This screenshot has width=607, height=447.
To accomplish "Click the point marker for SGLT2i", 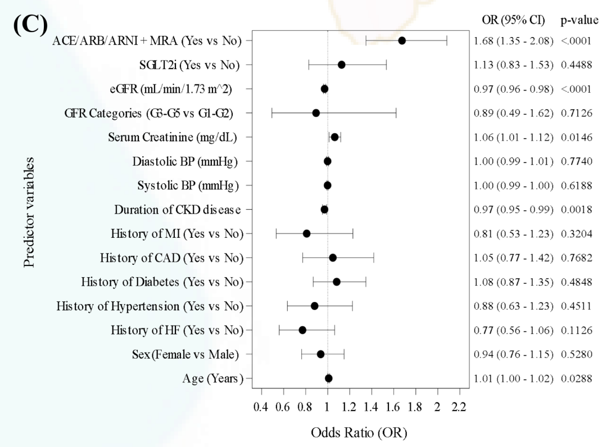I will (341, 65).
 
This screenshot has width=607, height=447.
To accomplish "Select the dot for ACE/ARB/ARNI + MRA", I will (402, 40).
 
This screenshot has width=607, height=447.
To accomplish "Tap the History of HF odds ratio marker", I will (302, 330).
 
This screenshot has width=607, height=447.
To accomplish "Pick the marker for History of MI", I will (306, 233).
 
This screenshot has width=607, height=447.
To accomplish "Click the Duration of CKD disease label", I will (178, 210).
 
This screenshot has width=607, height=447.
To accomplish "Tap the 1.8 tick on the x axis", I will (415, 407).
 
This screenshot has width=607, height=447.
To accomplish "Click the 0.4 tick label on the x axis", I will (261, 407).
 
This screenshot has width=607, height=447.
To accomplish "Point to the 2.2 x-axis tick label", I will (459, 407).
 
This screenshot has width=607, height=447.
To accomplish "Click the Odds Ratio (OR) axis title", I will (360, 433).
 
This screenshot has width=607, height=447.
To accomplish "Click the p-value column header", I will (579, 21).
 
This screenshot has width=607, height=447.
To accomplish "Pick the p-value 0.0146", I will (576, 137).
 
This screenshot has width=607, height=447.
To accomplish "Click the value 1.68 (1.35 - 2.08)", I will (514, 40).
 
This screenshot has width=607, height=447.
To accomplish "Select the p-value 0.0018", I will (576, 210).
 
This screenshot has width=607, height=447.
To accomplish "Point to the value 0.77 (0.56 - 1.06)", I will (514, 330).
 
